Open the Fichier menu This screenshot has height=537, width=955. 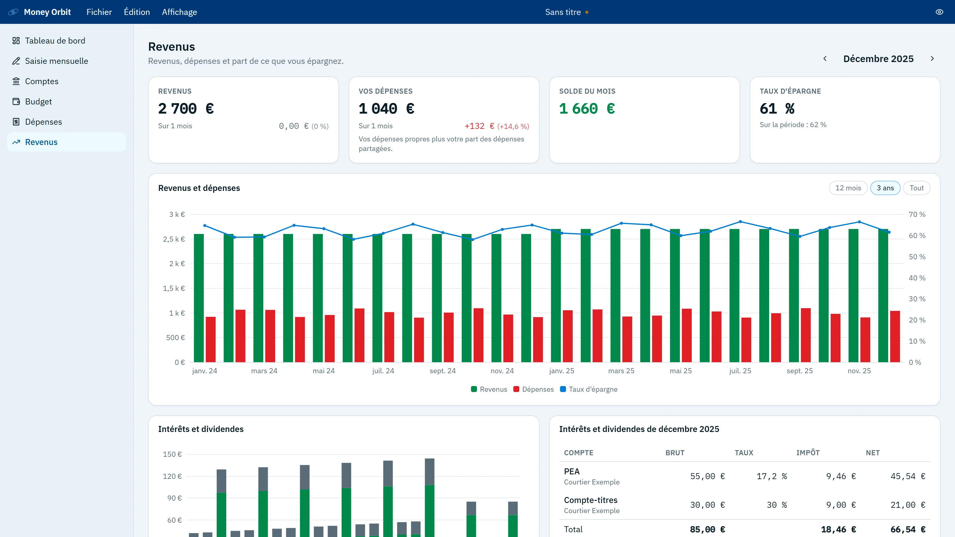[x=99, y=12]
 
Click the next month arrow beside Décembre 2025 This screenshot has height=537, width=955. [x=932, y=58]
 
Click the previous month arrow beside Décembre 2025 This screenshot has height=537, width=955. [x=825, y=58]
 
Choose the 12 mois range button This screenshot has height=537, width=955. [x=848, y=188]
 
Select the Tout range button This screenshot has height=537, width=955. [x=917, y=188]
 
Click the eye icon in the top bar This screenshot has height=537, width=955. [x=939, y=12]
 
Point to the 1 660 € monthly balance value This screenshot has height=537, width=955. [x=587, y=109]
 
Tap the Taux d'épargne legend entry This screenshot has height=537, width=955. [x=589, y=389]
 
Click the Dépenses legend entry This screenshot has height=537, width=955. [x=534, y=389]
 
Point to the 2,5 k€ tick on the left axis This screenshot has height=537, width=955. [x=174, y=239]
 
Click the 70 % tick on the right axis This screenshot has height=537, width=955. [x=917, y=214]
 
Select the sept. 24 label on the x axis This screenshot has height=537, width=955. [x=443, y=371]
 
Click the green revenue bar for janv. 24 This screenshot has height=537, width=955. [x=199, y=298]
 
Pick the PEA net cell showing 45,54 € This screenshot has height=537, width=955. [x=908, y=476]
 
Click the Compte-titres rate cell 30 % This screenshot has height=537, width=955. [x=777, y=505]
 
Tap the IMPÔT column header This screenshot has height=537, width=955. [x=808, y=453]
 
